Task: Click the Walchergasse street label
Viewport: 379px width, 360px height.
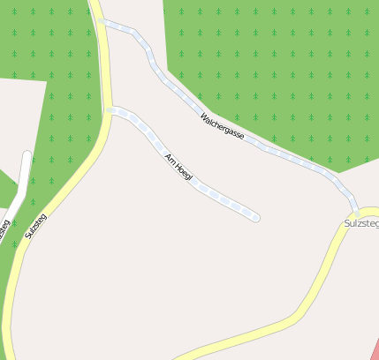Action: [222, 125]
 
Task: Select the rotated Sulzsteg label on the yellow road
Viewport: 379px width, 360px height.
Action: [35, 225]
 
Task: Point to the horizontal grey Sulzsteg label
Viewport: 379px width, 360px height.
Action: [360, 224]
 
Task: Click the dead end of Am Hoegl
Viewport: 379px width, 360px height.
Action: [256, 216]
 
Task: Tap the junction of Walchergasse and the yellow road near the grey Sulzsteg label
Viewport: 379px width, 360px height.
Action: [355, 214]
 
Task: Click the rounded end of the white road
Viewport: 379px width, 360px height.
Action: [27, 156]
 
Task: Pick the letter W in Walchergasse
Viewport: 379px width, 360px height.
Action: [204, 116]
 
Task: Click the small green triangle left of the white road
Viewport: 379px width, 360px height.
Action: [7, 190]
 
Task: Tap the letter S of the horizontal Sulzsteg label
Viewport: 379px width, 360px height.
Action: [346, 224]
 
